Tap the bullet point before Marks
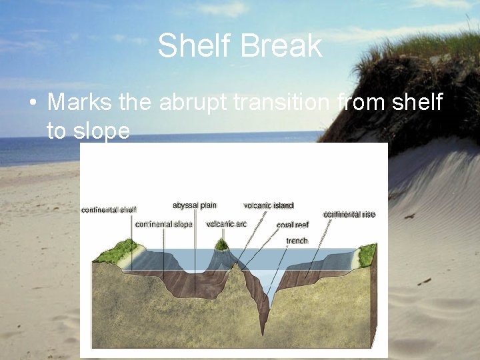31,103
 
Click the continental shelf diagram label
109,210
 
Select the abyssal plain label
195,205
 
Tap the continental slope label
163,225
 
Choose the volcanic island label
269,206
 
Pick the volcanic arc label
227,224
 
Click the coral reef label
293,225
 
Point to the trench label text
297,241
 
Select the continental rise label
349,215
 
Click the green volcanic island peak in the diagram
221,245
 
